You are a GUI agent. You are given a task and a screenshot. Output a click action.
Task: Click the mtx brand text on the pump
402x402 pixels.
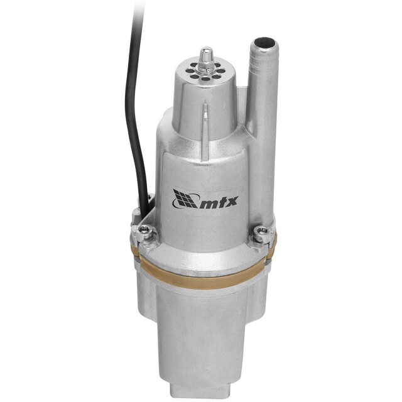click(x=212, y=203)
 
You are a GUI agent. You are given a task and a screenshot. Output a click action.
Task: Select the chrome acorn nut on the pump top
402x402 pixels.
click(x=205, y=58)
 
